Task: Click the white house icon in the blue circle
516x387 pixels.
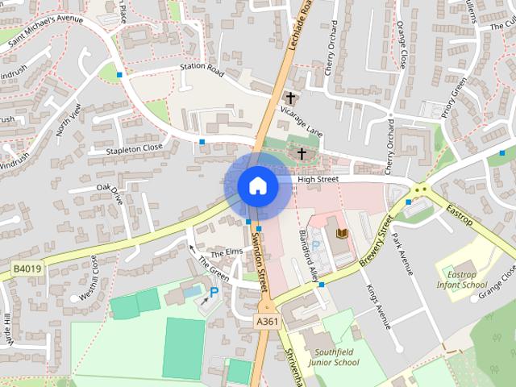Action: pos(257,186)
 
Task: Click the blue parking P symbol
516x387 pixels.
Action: pos(214,292)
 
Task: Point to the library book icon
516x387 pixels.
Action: pos(340,234)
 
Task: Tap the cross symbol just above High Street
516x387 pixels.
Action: pos(302,153)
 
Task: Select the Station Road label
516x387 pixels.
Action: pos(202,69)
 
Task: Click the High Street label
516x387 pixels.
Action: pos(318,179)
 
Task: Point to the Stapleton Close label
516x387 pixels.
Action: pos(135,149)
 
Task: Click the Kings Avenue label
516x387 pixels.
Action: pos(378,306)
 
